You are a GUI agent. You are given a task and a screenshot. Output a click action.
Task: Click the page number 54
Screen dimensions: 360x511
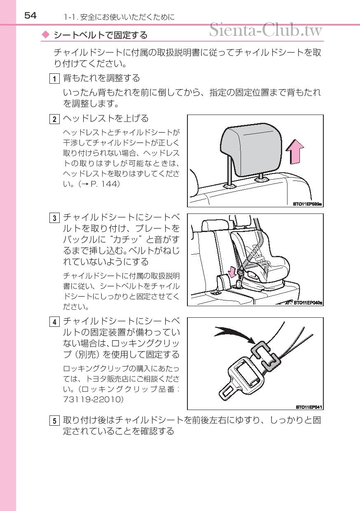[30, 16]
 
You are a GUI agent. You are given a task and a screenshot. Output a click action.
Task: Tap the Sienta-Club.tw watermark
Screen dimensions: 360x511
[266, 30]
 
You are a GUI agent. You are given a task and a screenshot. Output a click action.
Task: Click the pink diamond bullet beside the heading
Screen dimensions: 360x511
[46, 35]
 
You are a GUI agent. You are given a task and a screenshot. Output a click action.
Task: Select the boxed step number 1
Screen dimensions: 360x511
[54, 79]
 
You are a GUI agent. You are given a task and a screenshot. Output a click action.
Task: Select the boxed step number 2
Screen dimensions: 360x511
[54, 119]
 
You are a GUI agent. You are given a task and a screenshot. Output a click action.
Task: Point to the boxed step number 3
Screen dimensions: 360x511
[54, 218]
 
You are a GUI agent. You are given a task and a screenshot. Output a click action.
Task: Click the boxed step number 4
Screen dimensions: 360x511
[54, 322]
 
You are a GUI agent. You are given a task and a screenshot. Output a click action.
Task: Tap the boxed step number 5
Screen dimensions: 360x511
[54, 421]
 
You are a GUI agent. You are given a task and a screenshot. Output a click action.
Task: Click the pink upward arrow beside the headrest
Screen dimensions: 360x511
[295, 152]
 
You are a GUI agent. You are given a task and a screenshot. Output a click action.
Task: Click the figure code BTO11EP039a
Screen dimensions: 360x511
[307, 204]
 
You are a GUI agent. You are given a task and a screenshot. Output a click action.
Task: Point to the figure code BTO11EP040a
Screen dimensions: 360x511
[308, 303]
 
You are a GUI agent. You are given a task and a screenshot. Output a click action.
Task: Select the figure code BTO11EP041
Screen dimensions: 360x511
[309, 407]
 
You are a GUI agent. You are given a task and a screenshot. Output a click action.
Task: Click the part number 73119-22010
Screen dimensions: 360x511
[94, 399]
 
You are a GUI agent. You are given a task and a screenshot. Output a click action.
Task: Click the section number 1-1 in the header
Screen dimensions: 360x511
[71, 17]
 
